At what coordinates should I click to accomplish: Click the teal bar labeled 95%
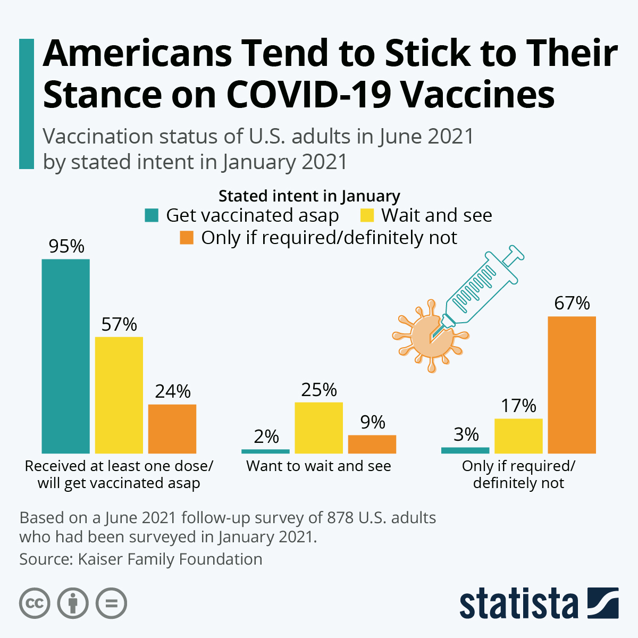pyautogui.click(x=66, y=356)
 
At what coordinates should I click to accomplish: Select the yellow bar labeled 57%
pyautogui.click(x=119, y=394)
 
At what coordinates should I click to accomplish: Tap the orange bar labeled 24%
pyautogui.click(x=172, y=429)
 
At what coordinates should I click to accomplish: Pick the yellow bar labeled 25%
pyautogui.click(x=319, y=427)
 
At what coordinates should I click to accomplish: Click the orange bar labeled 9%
pyautogui.click(x=372, y=444)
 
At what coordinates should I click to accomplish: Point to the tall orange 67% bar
pyautogui.click(x=572, y=384)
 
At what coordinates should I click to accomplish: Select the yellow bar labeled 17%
pyautogui.click(x=519, y=435)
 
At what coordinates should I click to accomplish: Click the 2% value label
pyautogui.click(x=266, y=436)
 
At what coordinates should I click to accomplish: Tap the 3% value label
pyautogui.click(x=466, y=434)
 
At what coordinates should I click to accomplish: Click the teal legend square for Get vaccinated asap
pyautogui.click(x=152, y=215)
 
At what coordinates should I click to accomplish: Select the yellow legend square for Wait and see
pyautogui.click(x=367, y=215)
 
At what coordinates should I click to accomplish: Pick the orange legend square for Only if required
pyautogui.click(x=187, y=238)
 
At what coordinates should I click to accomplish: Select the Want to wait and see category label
pyautogui.click(x=318, y=466)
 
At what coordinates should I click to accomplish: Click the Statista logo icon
pyautogui.click(x=603, y=603)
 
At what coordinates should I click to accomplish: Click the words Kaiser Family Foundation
pyautogui.click(x=170, y=559)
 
